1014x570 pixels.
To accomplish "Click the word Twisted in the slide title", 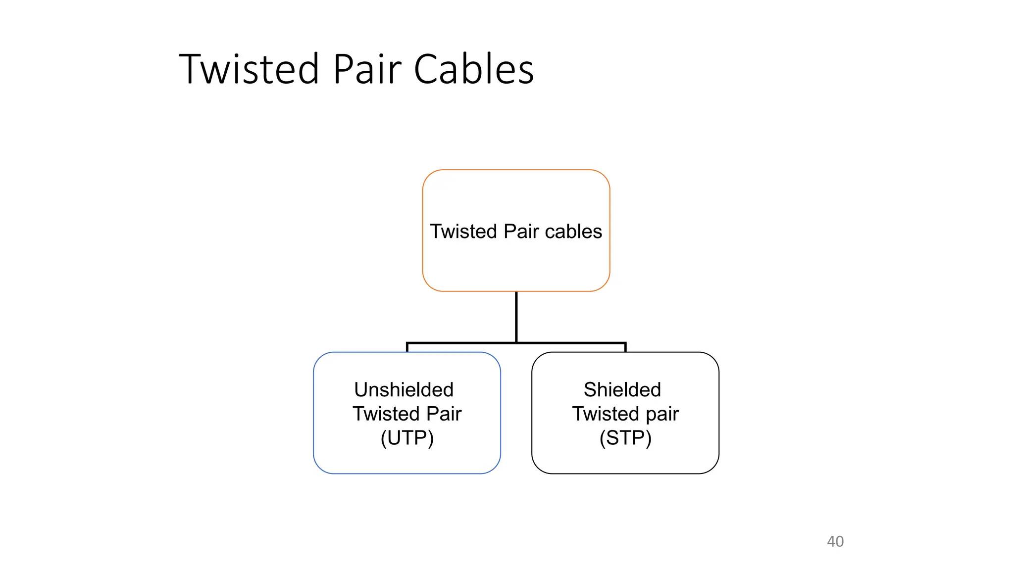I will (249, 69).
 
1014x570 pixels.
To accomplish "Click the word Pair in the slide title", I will (367, 69).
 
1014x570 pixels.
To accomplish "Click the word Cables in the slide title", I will (473, 69).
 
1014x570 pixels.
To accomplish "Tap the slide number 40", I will (835, 541).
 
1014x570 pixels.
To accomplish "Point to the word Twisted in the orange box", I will (463, 232).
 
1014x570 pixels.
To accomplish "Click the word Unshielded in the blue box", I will (404, 390).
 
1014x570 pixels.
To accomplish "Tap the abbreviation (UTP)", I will (407, 438).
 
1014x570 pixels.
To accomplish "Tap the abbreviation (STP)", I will (625, 438).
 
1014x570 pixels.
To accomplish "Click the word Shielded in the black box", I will (622, 390).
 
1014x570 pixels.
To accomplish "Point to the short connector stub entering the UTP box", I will (407, 347).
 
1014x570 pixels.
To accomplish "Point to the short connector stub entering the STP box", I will (625, 347).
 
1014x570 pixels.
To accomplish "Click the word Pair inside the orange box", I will (521, 232).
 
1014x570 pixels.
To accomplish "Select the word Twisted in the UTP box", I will (386, 414).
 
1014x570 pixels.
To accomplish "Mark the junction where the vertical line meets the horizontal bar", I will (516, 342).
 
